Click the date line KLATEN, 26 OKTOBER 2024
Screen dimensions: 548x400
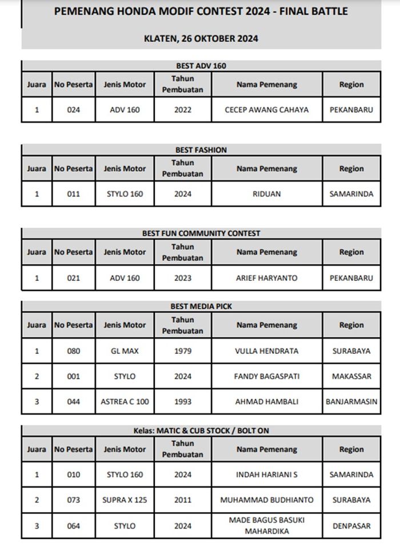coord(201,39)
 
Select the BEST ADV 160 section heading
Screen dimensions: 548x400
coord(201,66)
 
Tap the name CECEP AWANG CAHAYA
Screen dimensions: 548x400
coord(267,110)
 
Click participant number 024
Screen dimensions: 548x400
coord(73,110)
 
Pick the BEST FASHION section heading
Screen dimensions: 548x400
coord(201,150)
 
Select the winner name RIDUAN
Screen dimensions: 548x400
coord(267,194)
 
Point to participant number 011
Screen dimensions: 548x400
coord(73,194)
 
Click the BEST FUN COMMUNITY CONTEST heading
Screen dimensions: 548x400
coord(201,233)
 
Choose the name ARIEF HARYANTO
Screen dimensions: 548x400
coord(267,278)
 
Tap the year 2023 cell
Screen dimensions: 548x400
coord(182,278)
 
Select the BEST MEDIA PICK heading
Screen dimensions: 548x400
coord(201,306)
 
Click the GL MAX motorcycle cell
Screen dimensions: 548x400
coord(125,351)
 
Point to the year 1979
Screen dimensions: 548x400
coord(182,351)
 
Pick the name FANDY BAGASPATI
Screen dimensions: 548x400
coord(267,376)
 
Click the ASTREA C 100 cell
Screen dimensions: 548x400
coord(125,401)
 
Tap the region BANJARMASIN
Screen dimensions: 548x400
coord(351,401)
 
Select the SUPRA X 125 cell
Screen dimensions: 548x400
coord(125,500)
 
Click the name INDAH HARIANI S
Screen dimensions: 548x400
coord(267,474)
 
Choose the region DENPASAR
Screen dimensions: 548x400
coord(351,525)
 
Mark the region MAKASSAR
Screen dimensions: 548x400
coord(351,376)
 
